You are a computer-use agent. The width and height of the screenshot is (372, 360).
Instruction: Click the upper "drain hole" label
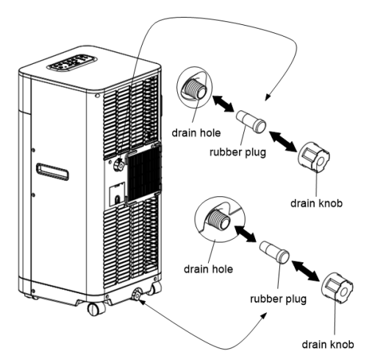click(196, 133)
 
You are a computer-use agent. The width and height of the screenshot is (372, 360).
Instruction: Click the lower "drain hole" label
click(208, 269)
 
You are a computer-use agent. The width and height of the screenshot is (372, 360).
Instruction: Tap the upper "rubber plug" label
click(237, 152)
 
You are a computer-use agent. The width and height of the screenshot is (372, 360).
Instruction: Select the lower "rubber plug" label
click(278, 299)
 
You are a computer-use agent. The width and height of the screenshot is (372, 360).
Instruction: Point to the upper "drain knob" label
click(316, 204)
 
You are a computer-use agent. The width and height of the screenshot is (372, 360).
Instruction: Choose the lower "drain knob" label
click(328, 345)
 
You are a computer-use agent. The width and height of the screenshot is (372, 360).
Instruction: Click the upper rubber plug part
click(251, 122)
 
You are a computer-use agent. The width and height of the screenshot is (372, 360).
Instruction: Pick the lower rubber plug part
click(274, 252)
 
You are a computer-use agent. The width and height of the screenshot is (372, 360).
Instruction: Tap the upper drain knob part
click(314, 156)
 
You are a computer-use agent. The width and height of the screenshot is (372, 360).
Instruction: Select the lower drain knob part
click(337, 287)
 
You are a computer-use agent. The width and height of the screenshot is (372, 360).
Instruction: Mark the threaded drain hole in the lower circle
click(218, 219)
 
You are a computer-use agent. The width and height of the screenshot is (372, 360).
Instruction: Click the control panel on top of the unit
click(72, 62)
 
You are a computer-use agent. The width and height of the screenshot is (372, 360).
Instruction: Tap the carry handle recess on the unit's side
click(52, 172)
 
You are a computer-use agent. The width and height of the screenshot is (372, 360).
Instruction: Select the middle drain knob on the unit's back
click(119, 165)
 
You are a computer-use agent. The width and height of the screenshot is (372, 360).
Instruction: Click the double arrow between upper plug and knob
click(282, 141)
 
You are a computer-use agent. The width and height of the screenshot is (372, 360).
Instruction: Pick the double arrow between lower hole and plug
click(245, 234)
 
